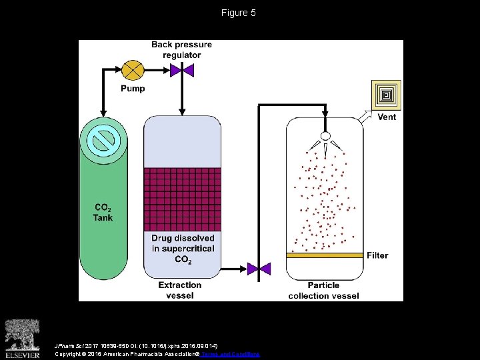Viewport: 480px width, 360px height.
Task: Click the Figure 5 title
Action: coord(239,13)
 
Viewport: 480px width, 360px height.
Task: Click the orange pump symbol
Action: coord(133,69)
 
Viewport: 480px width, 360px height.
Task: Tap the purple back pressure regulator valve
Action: coord(182,69)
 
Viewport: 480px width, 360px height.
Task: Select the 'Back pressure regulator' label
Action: coord(181,50)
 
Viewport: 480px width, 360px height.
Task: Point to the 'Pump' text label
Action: coord(133,89)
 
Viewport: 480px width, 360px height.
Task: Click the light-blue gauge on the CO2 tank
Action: coord(103,140)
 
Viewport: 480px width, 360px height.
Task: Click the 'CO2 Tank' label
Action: coord(103,212)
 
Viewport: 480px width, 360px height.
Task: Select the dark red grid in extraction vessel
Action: coord(182,199)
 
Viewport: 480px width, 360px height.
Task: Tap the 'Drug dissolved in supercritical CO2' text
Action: coord(183,249)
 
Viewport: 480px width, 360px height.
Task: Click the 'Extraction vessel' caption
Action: coord(180,290)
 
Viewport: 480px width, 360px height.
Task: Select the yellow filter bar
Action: coord(325,255)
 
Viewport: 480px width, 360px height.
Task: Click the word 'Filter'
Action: coord(377,255)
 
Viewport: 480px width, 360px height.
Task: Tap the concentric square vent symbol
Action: coord(387,95)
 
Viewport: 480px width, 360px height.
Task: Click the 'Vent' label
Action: coord(387,117)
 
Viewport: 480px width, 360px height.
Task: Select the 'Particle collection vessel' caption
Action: coord(323,291)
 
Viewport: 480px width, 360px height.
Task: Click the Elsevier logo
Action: coord(23,336)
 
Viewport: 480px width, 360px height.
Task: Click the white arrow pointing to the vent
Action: coord(365,117)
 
